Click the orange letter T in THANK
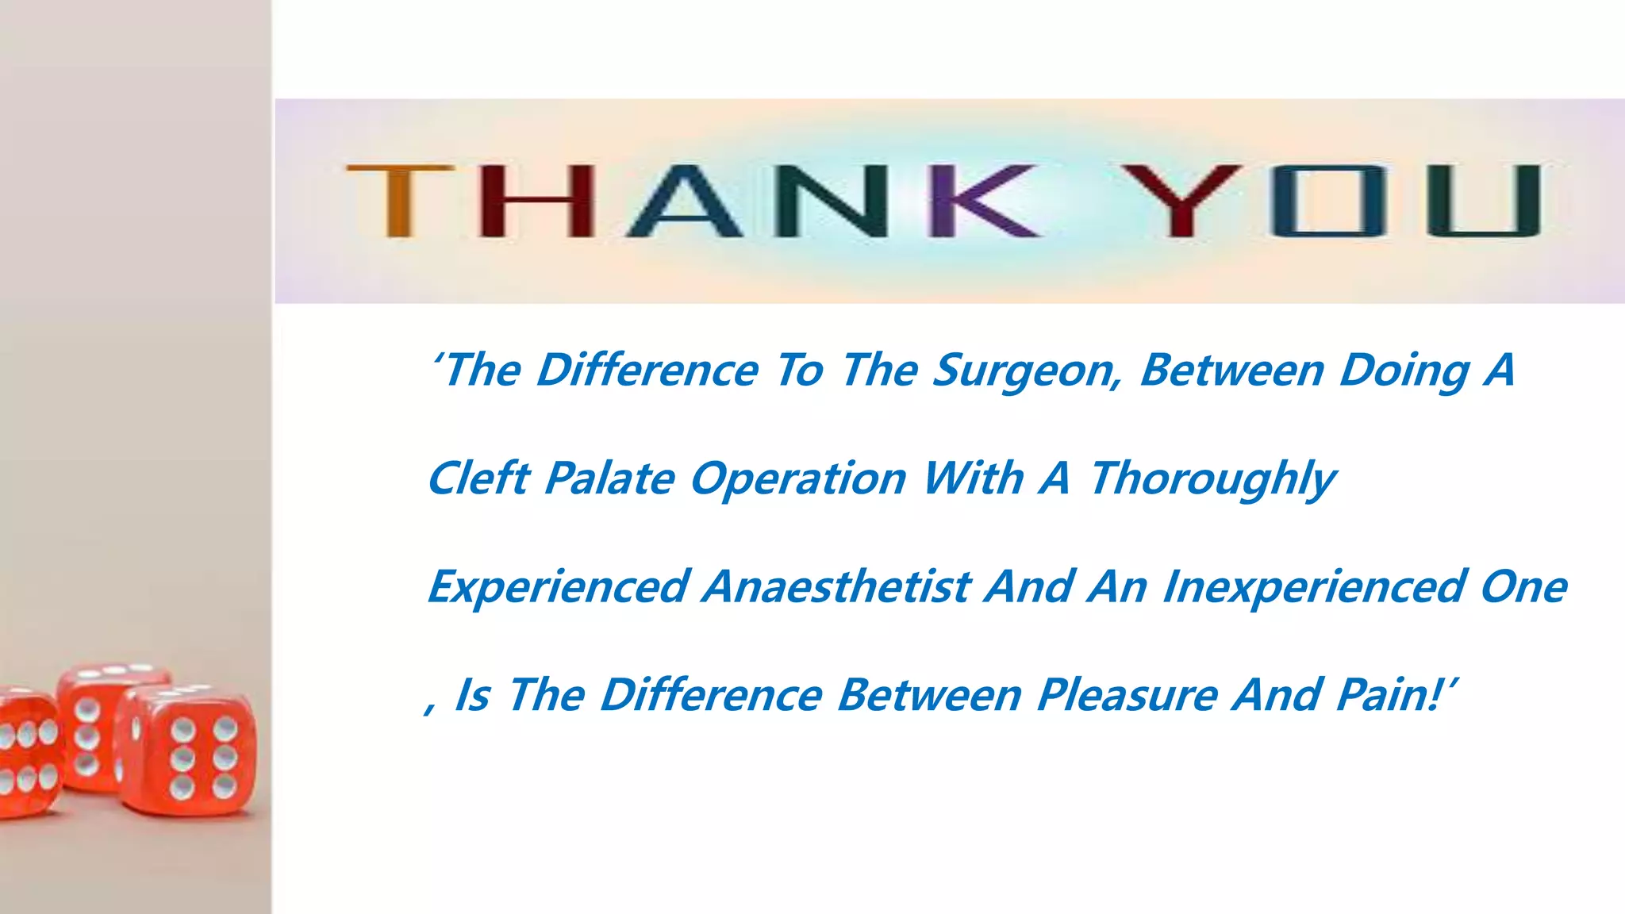click(399, 200)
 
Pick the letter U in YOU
click(1482, 201)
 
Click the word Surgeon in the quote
click(1028, 371)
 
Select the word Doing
click(1404, 371)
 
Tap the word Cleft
click(478, 479)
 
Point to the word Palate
click(609, 479)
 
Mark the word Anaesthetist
click(836, 588)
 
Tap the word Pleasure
click(1128, 696)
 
